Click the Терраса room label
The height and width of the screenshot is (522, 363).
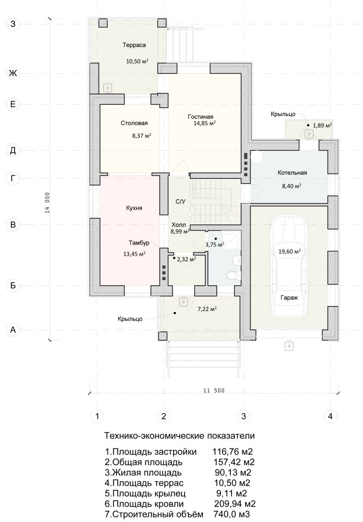click(134, 45)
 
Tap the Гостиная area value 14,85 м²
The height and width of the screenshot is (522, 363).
click(205, 123)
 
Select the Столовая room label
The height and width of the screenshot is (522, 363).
click(134, 123)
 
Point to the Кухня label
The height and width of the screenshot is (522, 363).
click(134, 208)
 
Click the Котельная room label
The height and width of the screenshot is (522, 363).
click(292, 173)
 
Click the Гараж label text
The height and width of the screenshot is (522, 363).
click(289, 298)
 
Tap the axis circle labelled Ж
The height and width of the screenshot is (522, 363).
click(13, 74)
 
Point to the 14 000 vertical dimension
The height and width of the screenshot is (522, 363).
click(47, 203)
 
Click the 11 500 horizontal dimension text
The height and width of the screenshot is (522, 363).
click(214, 390)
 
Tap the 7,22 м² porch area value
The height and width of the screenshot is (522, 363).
click(207, 309)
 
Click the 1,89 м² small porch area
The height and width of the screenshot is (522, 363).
click(323, 125)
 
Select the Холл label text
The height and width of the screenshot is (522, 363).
click(178, 225)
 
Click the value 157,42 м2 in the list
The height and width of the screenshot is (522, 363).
click(234, 462)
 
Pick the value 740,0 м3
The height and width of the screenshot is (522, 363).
click(232, 514)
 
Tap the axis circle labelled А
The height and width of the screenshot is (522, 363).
click(13, 330)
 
